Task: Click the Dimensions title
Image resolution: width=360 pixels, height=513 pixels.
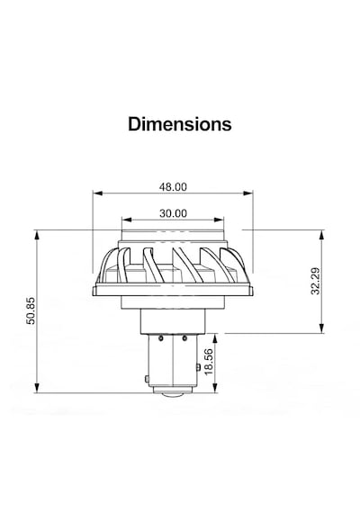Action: coord(180,124)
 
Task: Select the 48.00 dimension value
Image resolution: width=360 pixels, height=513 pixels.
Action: coord(173,187)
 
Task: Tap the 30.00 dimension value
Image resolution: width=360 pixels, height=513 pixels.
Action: coord(173,213)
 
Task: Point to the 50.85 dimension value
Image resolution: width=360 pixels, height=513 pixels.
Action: coord(31,310)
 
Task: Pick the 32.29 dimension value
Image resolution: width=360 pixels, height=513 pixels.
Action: coord(316,281)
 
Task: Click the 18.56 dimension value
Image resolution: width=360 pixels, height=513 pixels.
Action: coord(209,362)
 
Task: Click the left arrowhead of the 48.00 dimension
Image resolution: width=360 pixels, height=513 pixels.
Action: coord(97,193)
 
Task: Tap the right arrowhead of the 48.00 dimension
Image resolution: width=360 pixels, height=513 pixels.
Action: coord(248,193)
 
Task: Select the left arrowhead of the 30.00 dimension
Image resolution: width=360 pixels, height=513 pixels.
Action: coord(126,220)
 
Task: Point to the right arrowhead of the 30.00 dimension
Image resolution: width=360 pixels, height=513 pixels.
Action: coord(220,220)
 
